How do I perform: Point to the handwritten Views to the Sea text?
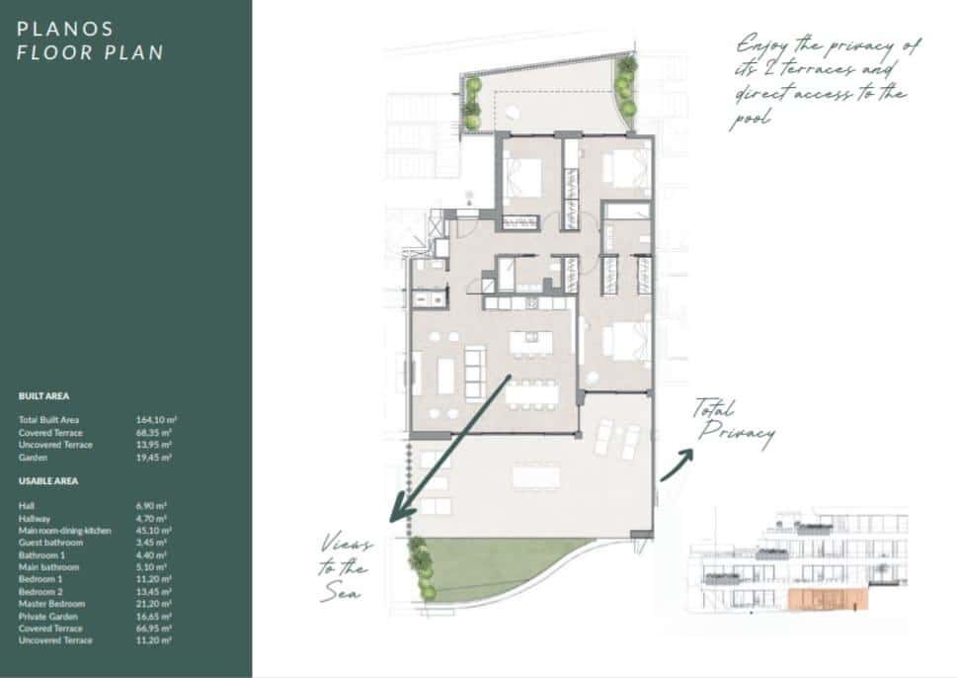(344, 567)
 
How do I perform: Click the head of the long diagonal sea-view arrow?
(395, 515)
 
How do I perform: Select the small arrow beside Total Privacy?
(677, 466)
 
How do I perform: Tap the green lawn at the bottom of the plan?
(494, 568)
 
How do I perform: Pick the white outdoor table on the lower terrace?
(534, 476)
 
